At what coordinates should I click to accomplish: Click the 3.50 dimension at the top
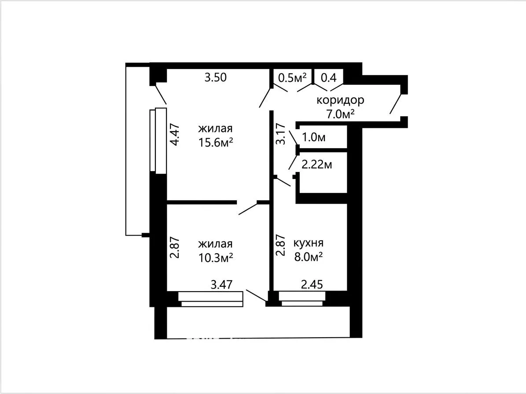216,77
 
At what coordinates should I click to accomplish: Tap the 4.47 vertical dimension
175,135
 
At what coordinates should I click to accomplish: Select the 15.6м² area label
216,143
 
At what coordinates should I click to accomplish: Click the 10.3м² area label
216,258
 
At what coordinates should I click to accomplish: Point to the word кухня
309,243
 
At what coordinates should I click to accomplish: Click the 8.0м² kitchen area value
308,257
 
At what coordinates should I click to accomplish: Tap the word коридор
341,100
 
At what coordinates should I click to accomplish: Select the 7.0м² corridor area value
341,114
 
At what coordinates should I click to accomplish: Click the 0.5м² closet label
293,78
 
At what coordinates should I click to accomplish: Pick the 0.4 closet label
329,78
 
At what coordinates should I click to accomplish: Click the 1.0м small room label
314,137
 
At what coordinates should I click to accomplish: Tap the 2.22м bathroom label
317,165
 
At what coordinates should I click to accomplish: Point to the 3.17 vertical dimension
280,134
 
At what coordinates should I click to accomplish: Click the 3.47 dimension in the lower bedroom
221,285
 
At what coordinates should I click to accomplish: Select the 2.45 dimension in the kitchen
312,285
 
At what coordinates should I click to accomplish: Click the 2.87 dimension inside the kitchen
280,245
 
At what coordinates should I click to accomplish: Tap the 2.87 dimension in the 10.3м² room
175,248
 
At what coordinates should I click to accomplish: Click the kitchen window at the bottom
302,299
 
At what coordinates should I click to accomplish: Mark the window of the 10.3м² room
211,299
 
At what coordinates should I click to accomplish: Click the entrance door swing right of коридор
396,104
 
